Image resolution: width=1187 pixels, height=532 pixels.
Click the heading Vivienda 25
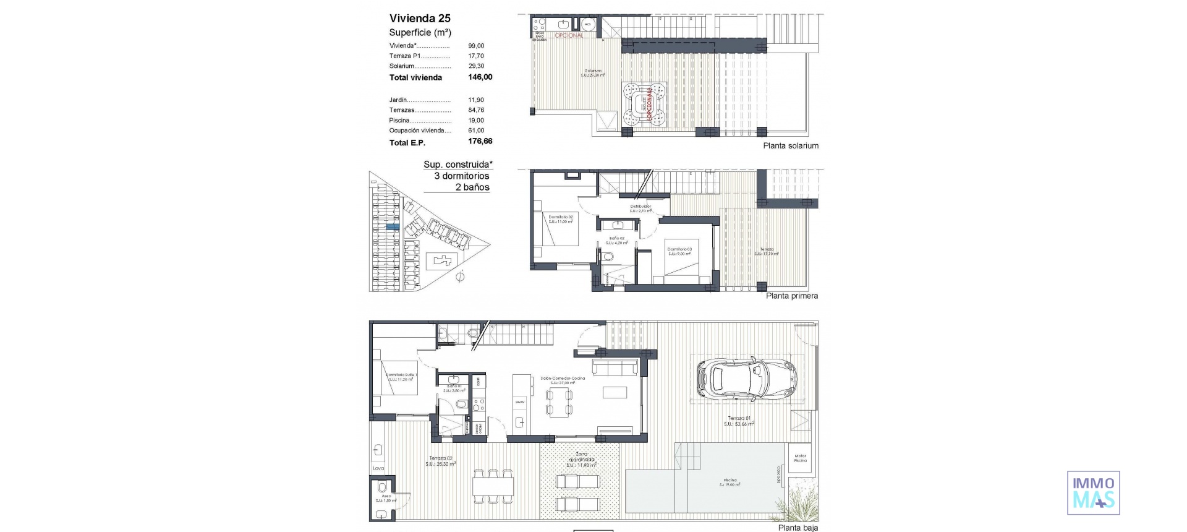point(420,18)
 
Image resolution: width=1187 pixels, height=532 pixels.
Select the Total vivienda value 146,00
point(480,77)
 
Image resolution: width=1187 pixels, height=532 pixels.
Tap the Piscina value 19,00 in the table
point(476,121)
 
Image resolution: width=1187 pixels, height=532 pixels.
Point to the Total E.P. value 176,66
point(480,142)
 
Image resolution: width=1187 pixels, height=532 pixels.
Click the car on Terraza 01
point(747,377)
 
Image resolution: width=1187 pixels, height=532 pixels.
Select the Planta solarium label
point(790,146)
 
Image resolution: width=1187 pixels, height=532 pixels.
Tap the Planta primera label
point(791,296)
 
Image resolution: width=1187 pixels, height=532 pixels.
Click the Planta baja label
point(798,528)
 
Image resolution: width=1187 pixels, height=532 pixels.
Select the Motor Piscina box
point(800,458)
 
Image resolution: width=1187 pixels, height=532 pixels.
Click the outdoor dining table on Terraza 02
point(493,487)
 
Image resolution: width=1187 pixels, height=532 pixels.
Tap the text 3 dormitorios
point(461,176)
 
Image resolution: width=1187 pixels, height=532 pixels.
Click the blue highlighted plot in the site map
point(392,228)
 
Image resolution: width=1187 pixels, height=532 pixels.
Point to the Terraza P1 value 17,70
point(476,56)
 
